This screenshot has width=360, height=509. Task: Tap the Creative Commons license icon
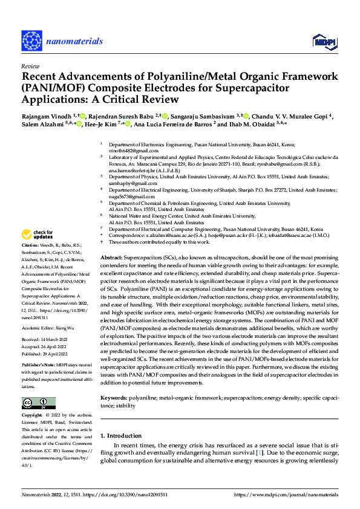[x=38, y=403]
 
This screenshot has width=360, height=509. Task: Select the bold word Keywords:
[x=114, y=398]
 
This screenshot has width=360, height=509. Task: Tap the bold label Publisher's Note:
[x=38, y=366]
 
